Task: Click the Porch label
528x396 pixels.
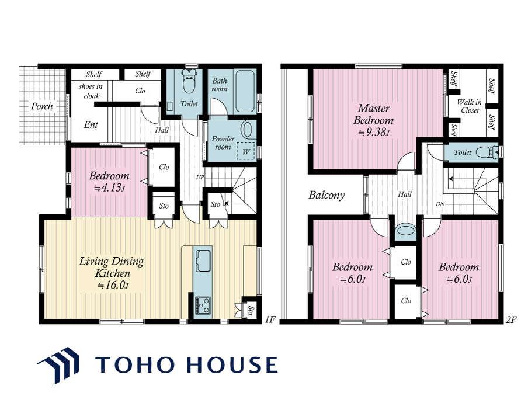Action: [41, 106]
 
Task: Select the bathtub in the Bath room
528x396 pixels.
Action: [245, 91]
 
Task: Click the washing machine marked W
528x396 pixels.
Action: [246, 151]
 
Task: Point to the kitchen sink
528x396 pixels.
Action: [203, 260]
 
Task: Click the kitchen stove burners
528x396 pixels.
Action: [203, 305]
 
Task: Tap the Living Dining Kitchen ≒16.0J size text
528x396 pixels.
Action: [113, 285]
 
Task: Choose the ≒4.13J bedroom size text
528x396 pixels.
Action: [109, 187]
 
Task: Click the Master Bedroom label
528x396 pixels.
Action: [374, 114]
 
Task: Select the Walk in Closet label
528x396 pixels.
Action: [469, 106]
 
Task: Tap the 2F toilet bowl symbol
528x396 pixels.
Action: [485, 152]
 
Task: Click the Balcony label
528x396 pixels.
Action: [326, 195]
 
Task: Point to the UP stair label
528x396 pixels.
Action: [200, 177]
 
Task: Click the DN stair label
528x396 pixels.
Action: [440, 204]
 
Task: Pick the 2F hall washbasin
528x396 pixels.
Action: [405, 231]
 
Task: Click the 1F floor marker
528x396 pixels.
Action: [270, 319]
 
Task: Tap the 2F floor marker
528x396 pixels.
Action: [511, 319]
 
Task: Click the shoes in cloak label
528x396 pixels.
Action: [91, 91]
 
